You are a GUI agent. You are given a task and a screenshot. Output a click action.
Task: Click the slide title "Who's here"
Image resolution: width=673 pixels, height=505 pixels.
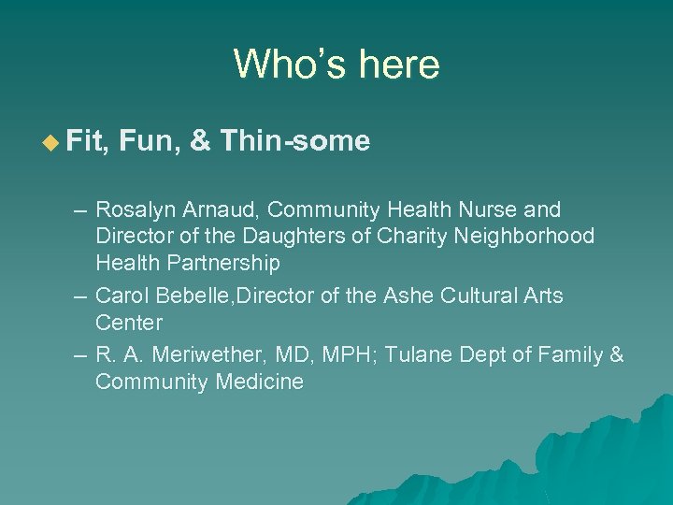336,65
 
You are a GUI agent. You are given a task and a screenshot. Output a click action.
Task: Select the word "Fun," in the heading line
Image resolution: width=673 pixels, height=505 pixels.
153,142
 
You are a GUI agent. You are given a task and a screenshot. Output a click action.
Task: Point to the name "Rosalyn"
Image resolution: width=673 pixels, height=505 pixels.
131,209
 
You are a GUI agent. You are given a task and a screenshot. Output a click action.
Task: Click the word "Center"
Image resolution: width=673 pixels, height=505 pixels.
129,323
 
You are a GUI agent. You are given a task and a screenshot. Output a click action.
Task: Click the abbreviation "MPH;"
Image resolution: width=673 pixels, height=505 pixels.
351,355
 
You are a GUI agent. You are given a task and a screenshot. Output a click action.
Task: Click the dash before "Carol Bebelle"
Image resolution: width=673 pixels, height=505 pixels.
80,296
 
